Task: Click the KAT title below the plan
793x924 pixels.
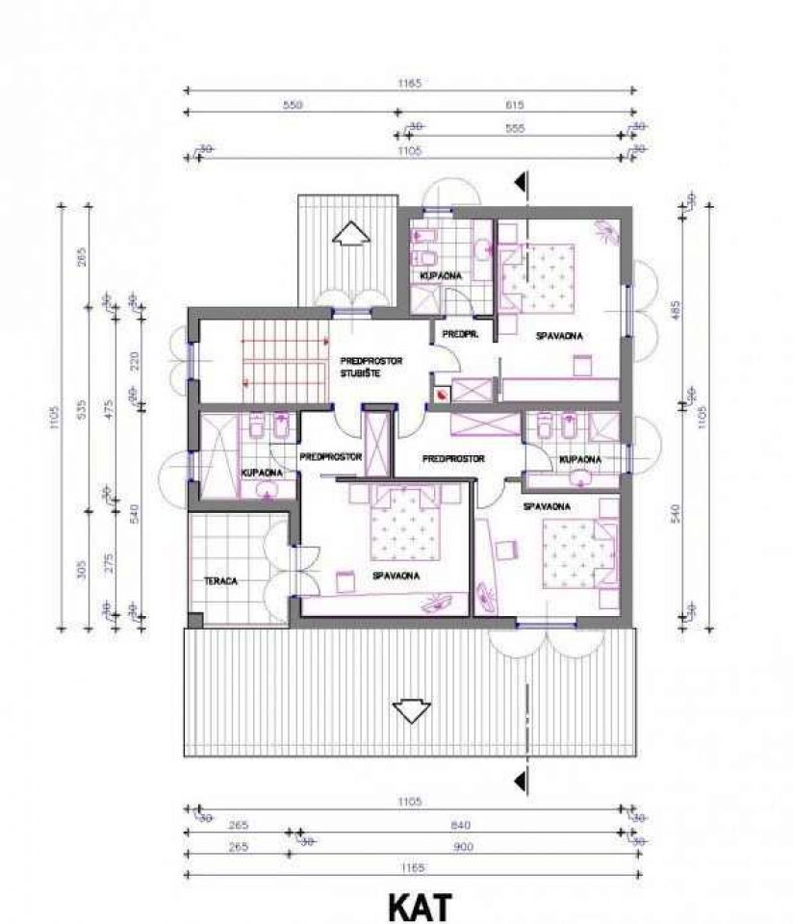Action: click(418, 908)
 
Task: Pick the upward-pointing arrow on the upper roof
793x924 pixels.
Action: click(348, 234)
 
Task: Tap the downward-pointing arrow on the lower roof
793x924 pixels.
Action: click(410, 710)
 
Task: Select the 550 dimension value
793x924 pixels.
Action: click(292, 105)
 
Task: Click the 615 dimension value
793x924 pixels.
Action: click(516, 105)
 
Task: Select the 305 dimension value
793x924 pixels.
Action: click(82, 570)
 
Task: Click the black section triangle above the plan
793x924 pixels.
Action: click(521, 180)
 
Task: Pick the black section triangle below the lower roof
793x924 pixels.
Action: click(521, 778)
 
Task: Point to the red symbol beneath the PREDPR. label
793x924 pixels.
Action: click(442, 394)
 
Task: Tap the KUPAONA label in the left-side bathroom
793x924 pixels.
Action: click(262, 473)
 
